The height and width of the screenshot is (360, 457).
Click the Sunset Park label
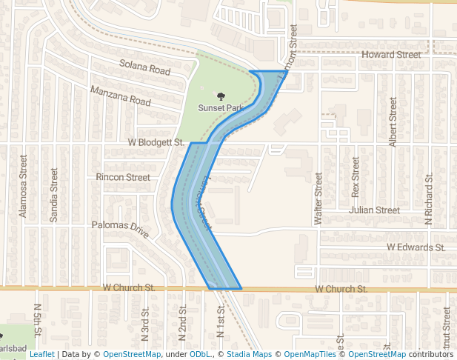click(x=220, y=107)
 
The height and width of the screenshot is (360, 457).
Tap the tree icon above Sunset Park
click(x=220, y=96)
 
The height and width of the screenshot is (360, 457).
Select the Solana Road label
click(x=144, y=67)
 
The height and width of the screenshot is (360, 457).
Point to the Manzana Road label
click(x=120, y=95)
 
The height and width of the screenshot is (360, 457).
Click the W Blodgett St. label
click(x=156, y=141)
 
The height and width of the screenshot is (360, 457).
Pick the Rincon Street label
click(x=123, y=177)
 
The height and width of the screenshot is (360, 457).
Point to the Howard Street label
click(x=390, y=55)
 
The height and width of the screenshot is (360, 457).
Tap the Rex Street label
click(x=356, y=177)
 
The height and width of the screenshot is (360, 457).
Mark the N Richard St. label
click(x=428, y=201)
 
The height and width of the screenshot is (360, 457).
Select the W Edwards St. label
click(x=416, y=247)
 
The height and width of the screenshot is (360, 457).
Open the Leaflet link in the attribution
click(x=41, y=354)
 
